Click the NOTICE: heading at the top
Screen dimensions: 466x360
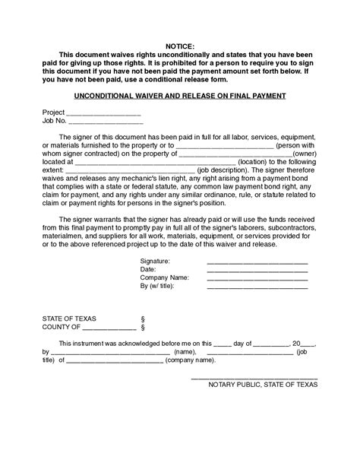[x=179, y=46]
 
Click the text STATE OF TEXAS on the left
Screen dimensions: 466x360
[x=69, y=318]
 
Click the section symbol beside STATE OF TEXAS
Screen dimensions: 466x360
[x=142, y=318]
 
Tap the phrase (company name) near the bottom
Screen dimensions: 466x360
[x=190, y=361]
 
